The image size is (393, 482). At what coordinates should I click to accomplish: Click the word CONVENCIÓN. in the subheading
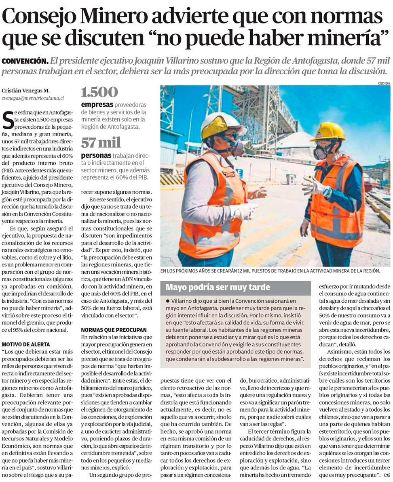pyautogui.click(x=25, y=61)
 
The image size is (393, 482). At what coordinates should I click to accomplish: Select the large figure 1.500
pyautogui.click(x=99, y=92)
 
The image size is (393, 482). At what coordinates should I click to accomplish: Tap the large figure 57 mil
pyautogui.click(x=101, y=143)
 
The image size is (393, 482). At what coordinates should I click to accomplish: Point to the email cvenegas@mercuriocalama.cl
pyautogui.click(x=33, y=98)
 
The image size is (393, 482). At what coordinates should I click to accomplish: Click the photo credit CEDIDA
pyautogui.click(x=384, y=83)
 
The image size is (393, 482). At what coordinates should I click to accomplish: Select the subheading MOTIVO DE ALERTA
pyautogui.click(x=26, y=344)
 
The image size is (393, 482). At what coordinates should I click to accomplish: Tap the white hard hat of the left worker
pyautogui.click(x=222, y=124)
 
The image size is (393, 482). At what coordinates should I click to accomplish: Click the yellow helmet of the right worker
pyautogui.click(x=328, y=131)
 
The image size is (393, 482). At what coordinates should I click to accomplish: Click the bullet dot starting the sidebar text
pyautogui.click(x=168, y=301)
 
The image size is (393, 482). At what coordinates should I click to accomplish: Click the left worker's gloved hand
pyautogui.click(x=246, y=210)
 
